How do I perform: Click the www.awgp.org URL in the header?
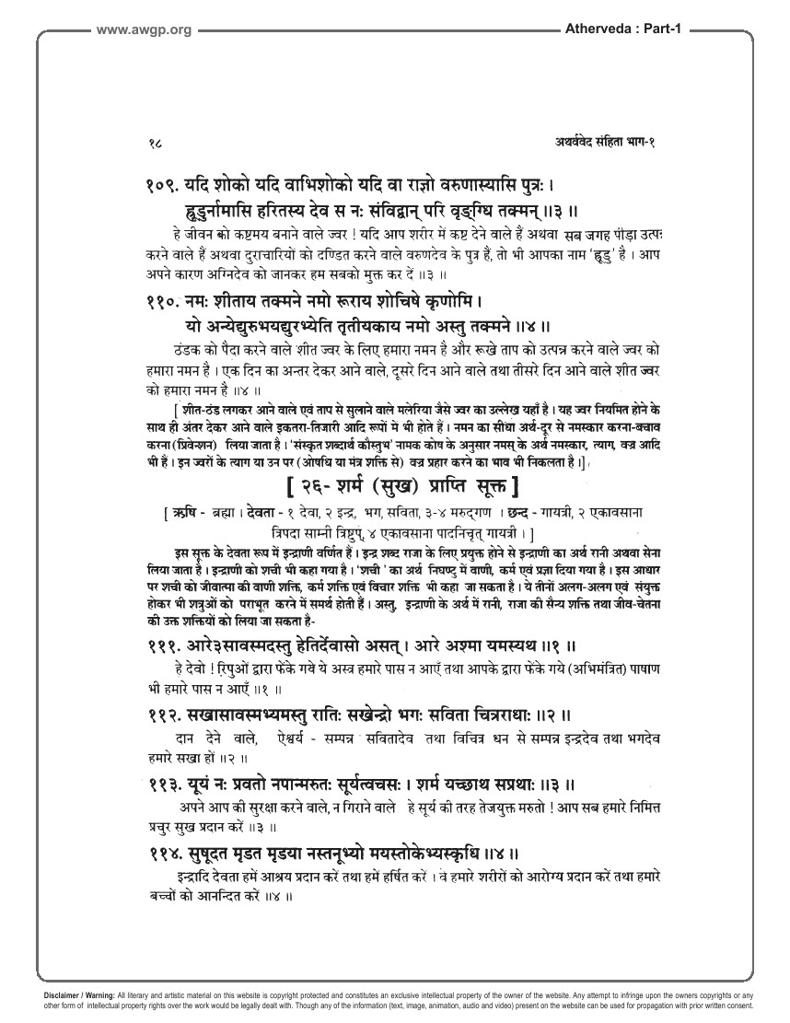click(144, 30)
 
